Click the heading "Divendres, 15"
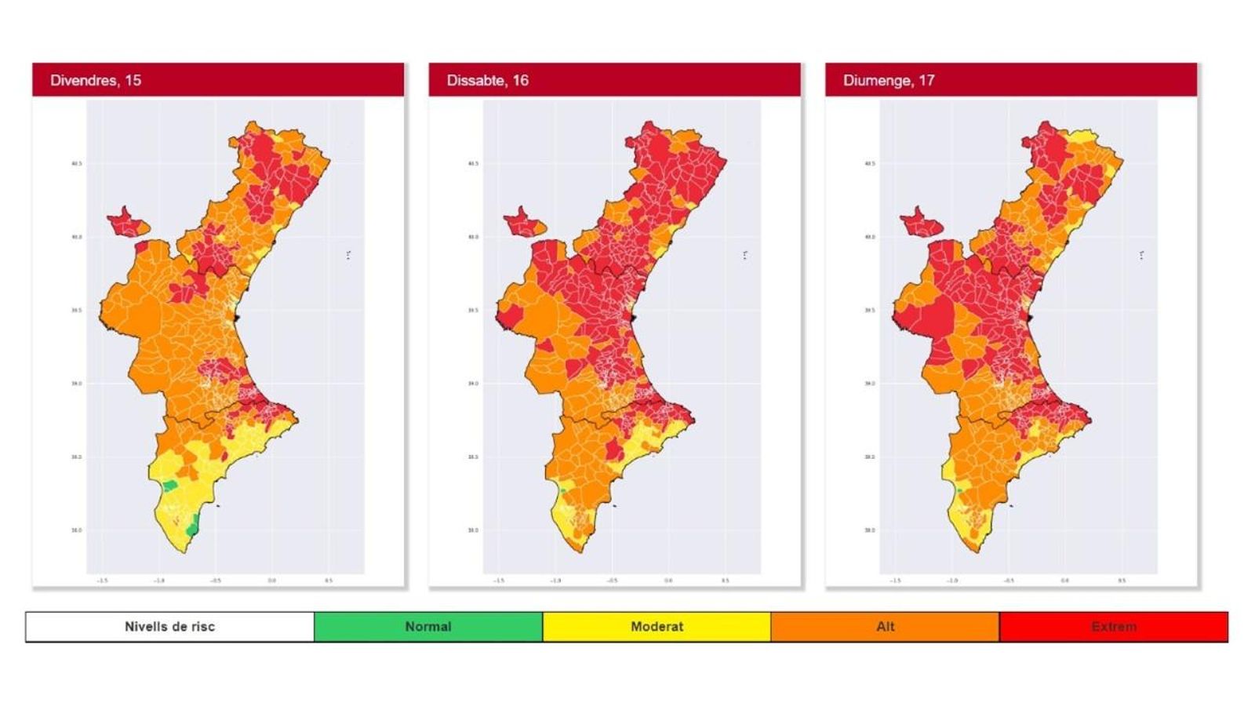pyautogui.click(x=96, y=80)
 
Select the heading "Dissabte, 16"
pyautogui.click(x=487, y=80)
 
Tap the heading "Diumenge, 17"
pyautogui.click(x=888, y=80)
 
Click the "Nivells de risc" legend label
pyautogui.click(x=169, y=627)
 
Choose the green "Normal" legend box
pyautogui.click(x=428, y=627)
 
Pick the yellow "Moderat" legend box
pyautogui.click(x=657, y=627)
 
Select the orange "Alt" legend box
pyautogui.click(x=885, y=627)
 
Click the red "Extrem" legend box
pyautogui.click(x=1113, y=627)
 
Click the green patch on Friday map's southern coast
pyautogui.click(x=192, y=524)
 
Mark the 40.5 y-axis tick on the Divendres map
pyautogui.click(x=76, y=164)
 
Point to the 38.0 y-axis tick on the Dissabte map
pyautogui.click(x=473, y=530)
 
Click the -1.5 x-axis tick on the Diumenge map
pyautogui.click(x=896, y=580)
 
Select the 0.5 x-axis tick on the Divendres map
pyautogui.click(x=329, y=580)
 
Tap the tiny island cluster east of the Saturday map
pyautogui.click(x=744, y=255)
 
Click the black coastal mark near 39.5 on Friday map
pyautogui.click(x=235, y=318)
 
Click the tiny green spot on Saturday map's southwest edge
pyautogui.click(x=563, y=490)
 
